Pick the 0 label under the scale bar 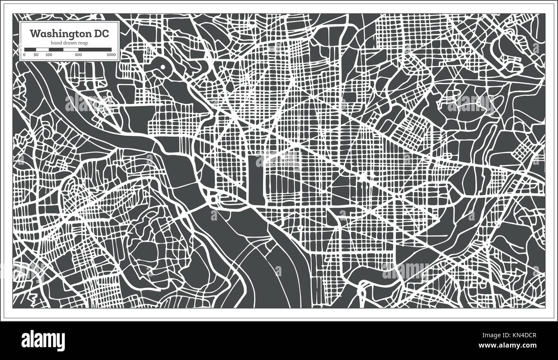point(24,55)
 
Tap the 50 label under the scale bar point(36,55)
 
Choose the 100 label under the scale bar point(49,55)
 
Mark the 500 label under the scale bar point(78,55)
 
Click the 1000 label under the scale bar point(111,55)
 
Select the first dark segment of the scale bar point(30,50)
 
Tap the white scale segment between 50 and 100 point(42,50)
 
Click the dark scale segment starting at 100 point(56,50)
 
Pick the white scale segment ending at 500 point(70,50)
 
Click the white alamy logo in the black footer point(43,339)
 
